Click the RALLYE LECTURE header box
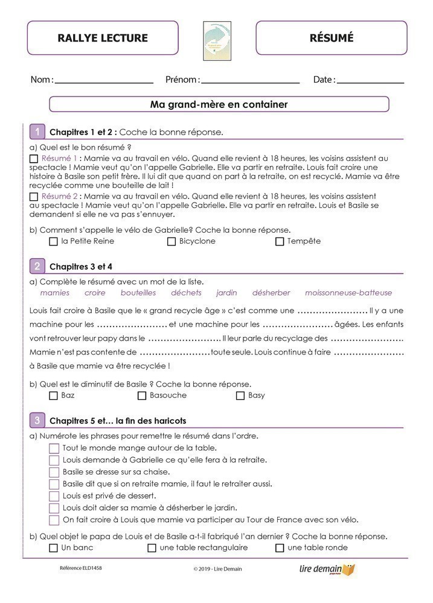[103, 38]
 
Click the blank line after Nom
[104, 80]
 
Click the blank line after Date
[370, 80]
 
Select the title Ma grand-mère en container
[219, 104]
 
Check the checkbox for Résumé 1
[34, 159]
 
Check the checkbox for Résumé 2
[34, 197]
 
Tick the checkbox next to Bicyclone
[172, 242]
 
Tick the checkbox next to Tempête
[280, 242]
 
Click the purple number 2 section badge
[37, 266]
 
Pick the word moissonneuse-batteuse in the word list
[348, 293]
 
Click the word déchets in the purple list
[186, 293]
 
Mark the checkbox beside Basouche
[142, 396]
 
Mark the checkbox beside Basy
[240, 396]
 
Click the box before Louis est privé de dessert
[54, 496]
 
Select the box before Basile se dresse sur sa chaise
[54, 472]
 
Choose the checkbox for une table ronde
[280, 548]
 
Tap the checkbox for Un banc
[54, 548]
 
